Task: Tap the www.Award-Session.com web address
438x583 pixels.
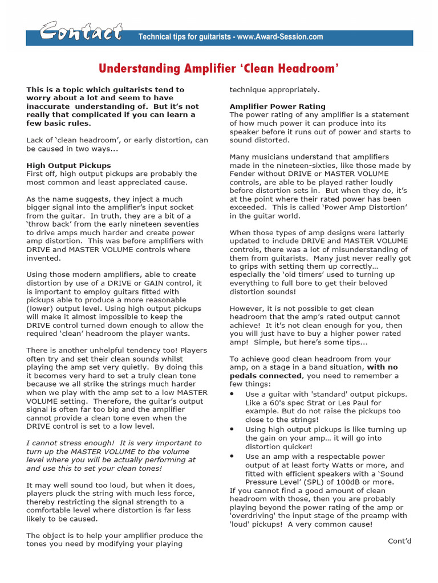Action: [279, 37]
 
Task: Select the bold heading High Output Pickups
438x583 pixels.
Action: [68, 165]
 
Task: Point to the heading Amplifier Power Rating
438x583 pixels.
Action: [277, 106]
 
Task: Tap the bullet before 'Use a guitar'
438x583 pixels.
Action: [232, 395]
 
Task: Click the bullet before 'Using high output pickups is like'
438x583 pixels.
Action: [232, 430]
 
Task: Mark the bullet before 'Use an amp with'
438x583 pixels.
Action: [232, 457]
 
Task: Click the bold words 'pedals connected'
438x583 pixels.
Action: [259, 376]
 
